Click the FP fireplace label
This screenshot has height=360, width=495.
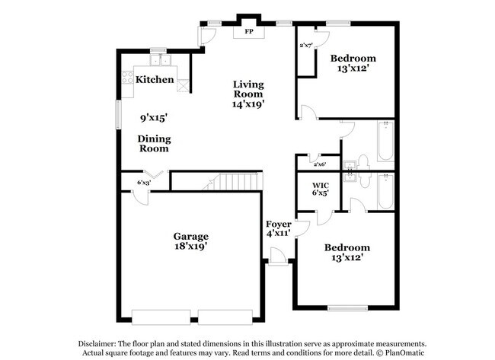(x=248, y=33)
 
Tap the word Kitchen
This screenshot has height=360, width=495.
(x=155, y=79)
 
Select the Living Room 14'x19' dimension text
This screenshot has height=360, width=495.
(x=248, y=104)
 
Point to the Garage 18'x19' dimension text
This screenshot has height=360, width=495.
(x=190, y=247)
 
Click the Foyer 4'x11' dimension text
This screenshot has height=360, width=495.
(x=278, y=234)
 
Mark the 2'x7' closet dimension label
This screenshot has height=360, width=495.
(x=306, y=46)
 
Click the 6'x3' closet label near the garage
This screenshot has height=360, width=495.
(x=143, y=183)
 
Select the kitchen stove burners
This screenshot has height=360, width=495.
(x=128, y=78)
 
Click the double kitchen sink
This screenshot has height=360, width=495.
(x=160, y=60)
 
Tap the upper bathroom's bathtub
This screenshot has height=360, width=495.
(x=383, y=141)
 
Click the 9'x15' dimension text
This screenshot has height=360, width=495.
(x=153, y=117)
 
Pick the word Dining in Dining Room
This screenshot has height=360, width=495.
(x=154, y=139)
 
